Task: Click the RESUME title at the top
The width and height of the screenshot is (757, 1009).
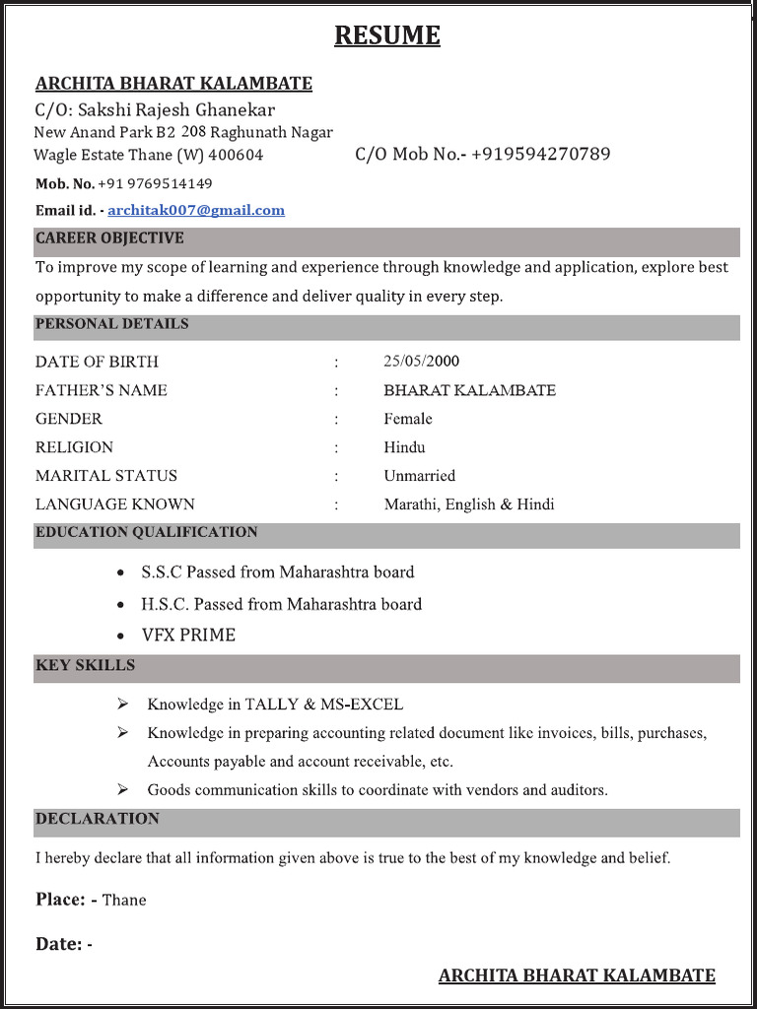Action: point(386,35)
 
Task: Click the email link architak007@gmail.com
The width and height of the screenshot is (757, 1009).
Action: point(196,210)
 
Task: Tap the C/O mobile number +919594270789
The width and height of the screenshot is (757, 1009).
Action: point(540,154)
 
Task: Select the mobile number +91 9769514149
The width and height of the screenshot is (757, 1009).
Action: point(155,183)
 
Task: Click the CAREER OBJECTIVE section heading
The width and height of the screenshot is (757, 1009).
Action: point(109,238)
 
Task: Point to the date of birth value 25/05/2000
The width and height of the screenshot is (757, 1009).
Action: point(421,361)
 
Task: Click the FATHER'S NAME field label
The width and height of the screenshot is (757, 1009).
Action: point(101,390)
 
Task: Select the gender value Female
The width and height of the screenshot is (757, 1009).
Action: point(408,419)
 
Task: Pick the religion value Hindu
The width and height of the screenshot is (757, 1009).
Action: point(404,447)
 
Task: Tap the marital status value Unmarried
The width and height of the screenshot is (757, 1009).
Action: point(419,476)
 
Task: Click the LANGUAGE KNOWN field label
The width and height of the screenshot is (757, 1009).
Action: point(114,504)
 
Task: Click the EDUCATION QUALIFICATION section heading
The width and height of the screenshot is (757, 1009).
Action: point(146,532)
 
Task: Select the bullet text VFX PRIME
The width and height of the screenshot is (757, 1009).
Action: point(188,636)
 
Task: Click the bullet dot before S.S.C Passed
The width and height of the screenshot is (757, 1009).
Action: point(120,572)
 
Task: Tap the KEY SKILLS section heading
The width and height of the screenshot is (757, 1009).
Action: point(85,665)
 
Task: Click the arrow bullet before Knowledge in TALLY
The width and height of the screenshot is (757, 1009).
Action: point(122,705)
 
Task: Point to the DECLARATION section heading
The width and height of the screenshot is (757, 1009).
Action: point(97,819)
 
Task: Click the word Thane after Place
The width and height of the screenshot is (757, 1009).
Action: point(124,900)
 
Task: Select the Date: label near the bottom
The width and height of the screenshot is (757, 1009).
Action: point(60,944)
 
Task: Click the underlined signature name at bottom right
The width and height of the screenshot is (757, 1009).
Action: point(577,975)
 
